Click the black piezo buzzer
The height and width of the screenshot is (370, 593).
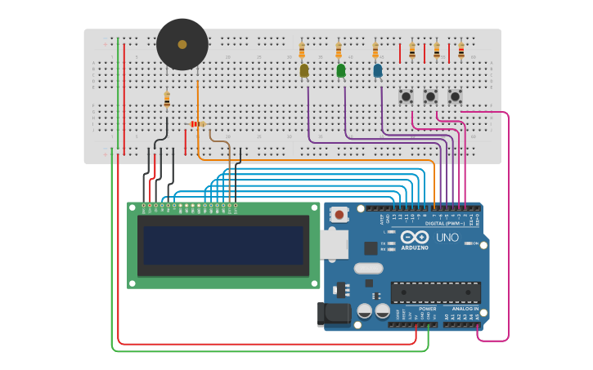[x=182, y=45]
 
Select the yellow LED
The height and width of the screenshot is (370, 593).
[x=304, y=71]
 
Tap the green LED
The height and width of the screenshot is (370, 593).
[x=341, y=71]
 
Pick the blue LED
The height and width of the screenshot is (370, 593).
[x=377, y=71]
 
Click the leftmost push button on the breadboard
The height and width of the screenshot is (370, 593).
[x=406, y=97]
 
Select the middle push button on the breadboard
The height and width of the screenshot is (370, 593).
[x=430, y=97]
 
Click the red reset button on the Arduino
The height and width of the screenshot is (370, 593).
[x=339, y=215]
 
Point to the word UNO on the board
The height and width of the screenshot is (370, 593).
[x=448, y=238]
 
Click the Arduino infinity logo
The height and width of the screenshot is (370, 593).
[x=414, y=237]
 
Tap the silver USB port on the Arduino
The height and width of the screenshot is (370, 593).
[x=333, y=244]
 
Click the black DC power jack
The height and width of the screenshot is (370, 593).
[x=334, y=314]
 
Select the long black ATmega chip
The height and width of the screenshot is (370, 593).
[x=435, y=292]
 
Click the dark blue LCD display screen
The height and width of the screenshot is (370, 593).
[x=223, y=246]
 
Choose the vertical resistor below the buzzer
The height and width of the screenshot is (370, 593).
[x=167, y=100]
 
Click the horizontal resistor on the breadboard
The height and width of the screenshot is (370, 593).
[x=197, y=124]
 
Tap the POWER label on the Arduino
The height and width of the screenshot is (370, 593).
[x=427, y=309]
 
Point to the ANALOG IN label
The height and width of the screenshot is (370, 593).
[x=465, y=309]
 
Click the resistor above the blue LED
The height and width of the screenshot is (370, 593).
[x=376, y=51]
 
